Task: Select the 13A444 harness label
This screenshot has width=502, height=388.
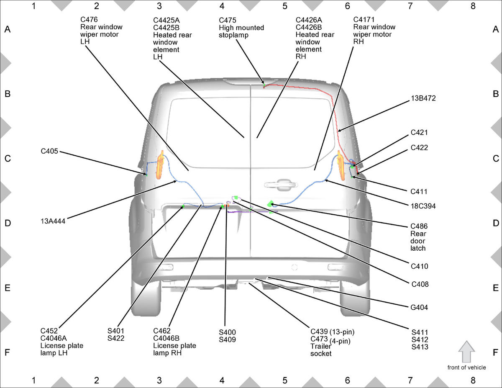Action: (53, 221)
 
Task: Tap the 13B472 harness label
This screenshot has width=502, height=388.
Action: (423, 98)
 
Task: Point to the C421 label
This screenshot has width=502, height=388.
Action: (419, 133)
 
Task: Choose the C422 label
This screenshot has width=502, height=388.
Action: (419, 148)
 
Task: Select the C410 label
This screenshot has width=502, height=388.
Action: (419, 266)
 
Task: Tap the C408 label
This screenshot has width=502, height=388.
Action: (420, 284)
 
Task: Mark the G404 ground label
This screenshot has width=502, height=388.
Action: (419, 308)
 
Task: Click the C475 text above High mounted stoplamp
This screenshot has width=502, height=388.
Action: (228, 20)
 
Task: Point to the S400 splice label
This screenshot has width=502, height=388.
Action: (228, 332)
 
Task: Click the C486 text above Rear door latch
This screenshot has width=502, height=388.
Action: (419, 226)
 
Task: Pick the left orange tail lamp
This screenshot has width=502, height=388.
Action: (160, 165)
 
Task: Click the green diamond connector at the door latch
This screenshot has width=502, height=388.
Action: (271, 203)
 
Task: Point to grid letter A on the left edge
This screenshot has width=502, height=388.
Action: (7, 29)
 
